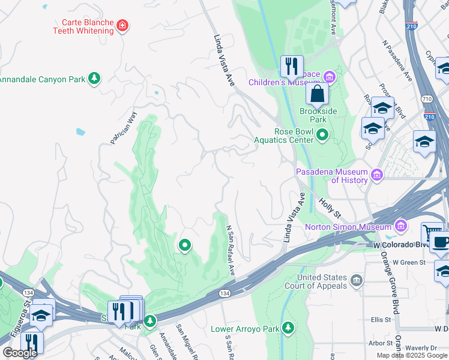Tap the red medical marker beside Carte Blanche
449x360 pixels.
[x=122, y=25]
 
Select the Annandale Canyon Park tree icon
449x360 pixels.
[x=94, y=78]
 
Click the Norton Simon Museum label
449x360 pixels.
[x=348, y=227]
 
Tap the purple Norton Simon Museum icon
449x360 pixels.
[x=400, y=226]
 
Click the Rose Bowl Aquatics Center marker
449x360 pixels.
[x=322, y=135]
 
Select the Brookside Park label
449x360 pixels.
[x=318, y=115]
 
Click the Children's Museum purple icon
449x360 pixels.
[x=329, y=76]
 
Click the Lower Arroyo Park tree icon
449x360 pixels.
[x=289, y=328]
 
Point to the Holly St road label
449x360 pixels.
[x=330, y=209]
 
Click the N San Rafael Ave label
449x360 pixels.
[x=229, y=251]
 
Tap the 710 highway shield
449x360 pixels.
[x=427, y=98]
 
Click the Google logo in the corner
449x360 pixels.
[x=20, y=353]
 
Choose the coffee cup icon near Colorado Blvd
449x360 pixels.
[x=441, y=242]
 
